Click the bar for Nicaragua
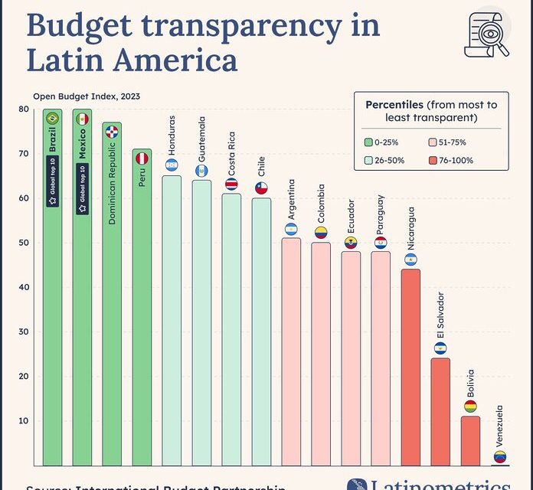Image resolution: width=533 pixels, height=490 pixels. point(410,367)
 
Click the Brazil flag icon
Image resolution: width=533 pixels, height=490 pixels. point(52,119)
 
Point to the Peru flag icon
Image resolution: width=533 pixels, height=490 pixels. point(142,158)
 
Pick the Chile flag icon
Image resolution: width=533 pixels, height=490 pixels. point(261,188)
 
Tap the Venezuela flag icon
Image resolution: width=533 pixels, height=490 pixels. point(500,457)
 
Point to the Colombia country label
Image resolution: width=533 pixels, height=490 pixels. point(321,202)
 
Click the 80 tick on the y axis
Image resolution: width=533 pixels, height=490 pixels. point(25,109)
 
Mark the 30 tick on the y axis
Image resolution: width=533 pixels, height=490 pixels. point(25,332)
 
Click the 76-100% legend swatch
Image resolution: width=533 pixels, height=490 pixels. point(433,161)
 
